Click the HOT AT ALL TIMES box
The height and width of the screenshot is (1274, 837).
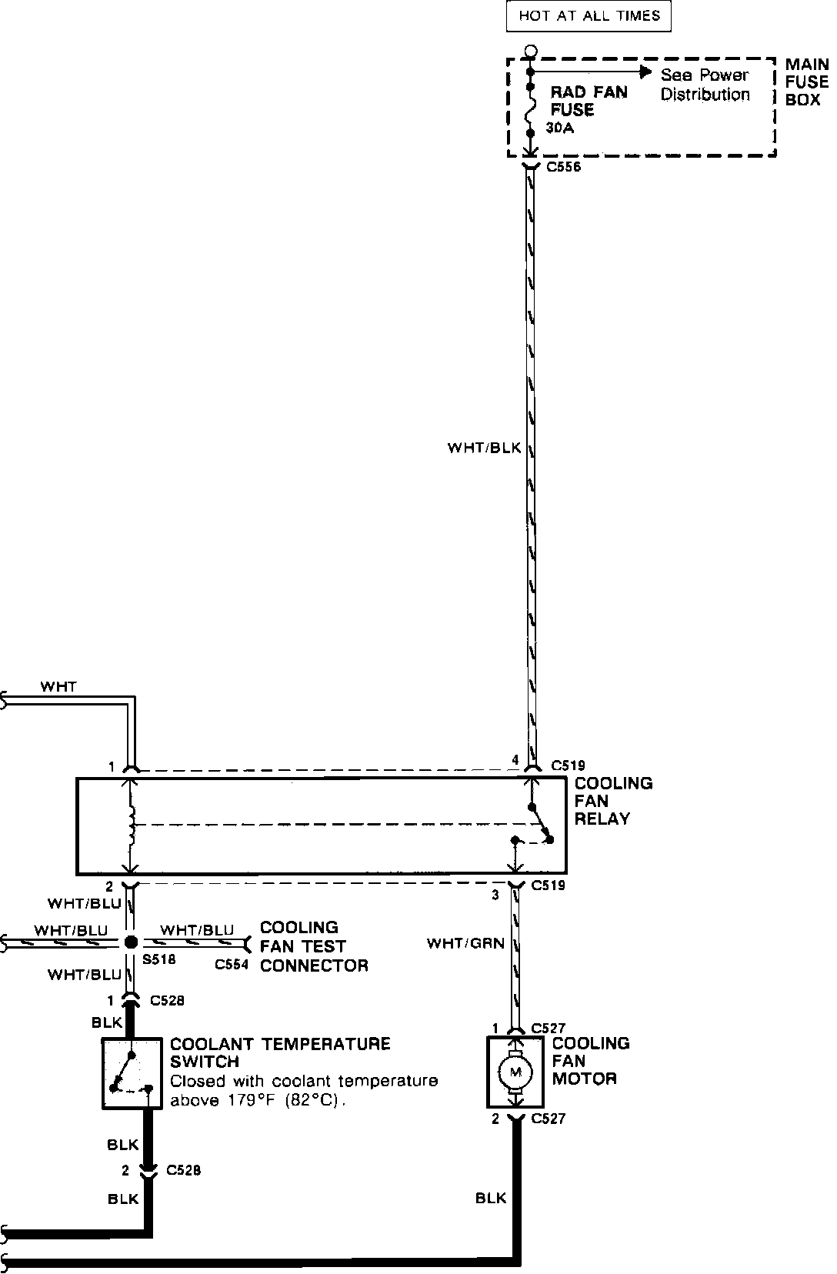[589, 15]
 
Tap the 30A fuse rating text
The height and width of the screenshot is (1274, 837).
[559, 128]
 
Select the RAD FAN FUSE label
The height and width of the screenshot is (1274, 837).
[589, 101]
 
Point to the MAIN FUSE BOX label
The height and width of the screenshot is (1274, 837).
[806, 82]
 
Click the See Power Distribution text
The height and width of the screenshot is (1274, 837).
[704, 85]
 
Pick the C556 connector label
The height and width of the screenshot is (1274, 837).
[563, 167]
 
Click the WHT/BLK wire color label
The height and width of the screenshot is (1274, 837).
[484, 447]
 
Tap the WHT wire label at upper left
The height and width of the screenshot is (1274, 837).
[58, 686]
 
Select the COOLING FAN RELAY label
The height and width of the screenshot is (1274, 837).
[613, 801]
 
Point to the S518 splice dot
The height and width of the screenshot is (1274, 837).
[131, 942]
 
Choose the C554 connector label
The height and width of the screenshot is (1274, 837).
[232, 965]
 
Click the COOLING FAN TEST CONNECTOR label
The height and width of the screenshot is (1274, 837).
[313, 946]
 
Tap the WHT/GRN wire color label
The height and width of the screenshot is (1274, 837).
[465, 942]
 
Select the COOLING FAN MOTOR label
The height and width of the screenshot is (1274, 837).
[590, 1061]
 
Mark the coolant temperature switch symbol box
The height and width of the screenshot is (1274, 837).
[132, 1072]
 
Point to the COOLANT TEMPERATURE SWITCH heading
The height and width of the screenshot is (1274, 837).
[279, 1052]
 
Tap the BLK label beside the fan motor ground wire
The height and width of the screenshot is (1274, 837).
[491, 1197]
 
